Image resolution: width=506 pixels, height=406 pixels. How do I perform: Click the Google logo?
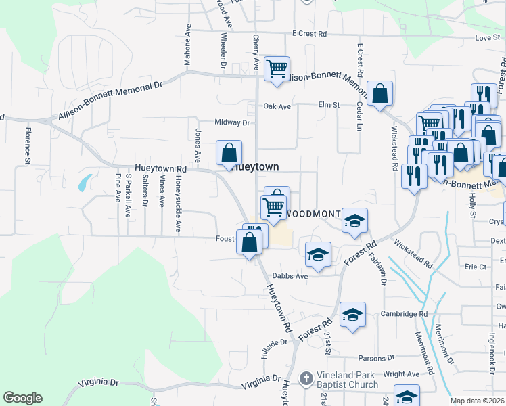coord(22,398)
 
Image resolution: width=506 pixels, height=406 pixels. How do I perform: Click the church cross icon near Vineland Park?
coord(306,378)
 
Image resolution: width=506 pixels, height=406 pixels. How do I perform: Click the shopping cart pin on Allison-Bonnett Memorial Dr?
coord(277,68)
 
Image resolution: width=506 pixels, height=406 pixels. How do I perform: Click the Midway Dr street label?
coord(232,122)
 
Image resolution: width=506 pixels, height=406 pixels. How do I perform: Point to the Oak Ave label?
coord(277,106)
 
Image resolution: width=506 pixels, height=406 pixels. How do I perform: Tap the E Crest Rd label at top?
coord(309,34)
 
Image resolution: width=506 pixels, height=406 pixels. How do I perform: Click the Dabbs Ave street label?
coord(290,276)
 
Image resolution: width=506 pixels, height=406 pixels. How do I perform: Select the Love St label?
coord(486,38)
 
